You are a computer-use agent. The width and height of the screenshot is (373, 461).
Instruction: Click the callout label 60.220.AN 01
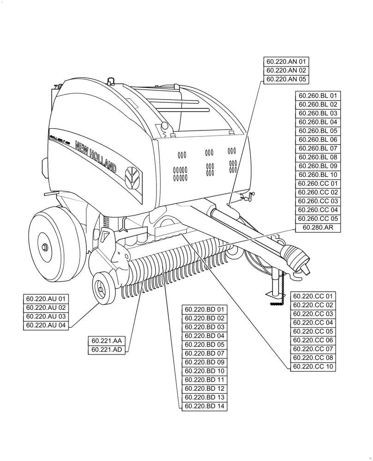[x=286, y=62]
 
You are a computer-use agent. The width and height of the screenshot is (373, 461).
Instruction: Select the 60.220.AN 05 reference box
[x=286, y=79]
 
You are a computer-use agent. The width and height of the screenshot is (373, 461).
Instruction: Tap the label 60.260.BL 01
[x=318, y=96]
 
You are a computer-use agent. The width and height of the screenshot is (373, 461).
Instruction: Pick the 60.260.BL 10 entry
[x=318, y=175]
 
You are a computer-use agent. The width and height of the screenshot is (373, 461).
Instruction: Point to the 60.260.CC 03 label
[x=318, y=201]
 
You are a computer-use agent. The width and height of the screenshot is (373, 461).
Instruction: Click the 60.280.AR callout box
[x=318, y=228]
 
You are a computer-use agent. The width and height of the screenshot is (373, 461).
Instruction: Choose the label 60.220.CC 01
[x=313, y=296]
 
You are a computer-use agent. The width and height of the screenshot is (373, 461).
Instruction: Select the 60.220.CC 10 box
[x=313, y=366]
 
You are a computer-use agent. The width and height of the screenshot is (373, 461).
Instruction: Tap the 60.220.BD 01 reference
[x=205, y=310]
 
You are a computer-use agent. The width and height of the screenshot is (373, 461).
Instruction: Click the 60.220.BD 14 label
[x=205, y=406]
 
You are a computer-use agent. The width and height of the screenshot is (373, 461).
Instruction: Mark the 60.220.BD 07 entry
[x=205, y=354]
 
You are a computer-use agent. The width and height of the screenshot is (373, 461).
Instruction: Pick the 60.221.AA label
[x=107, y=341]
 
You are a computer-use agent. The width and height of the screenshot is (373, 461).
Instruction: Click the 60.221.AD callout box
[x=107, y=350]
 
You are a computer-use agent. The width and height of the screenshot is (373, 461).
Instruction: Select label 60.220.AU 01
[x=46, y=299]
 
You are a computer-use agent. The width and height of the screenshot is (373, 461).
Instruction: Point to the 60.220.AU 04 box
[x=46, y=325]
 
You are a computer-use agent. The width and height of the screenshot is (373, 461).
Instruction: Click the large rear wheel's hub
[x=45, y=247]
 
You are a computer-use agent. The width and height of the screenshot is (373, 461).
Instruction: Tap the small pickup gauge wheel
[x=102, y=289]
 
